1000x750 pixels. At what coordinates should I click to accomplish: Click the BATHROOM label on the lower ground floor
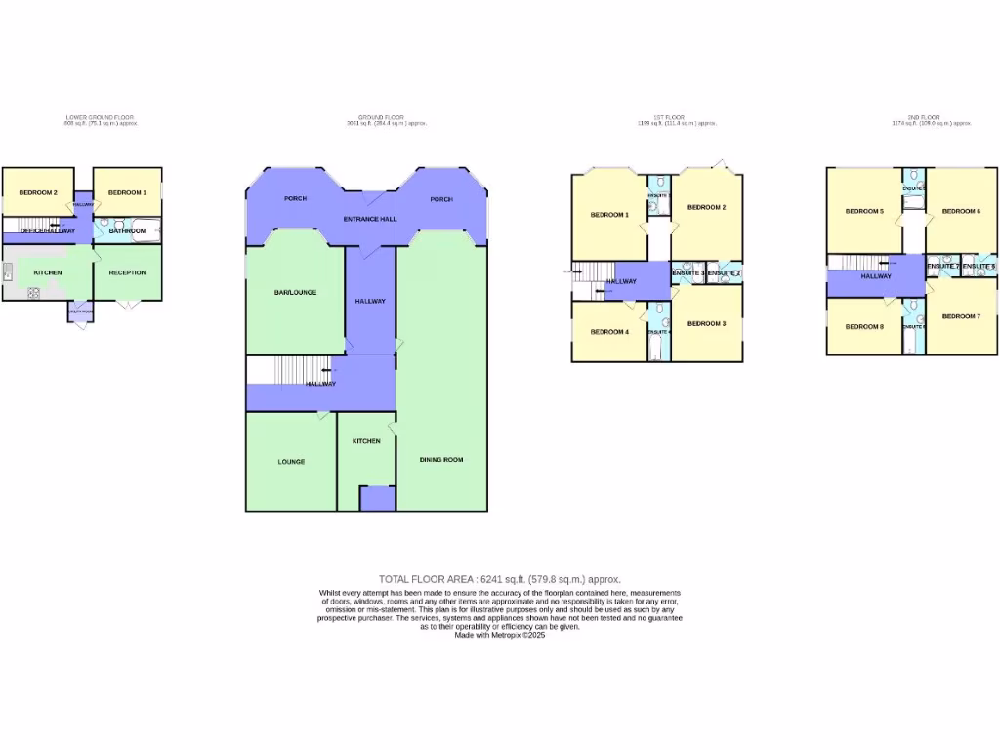point(127,231)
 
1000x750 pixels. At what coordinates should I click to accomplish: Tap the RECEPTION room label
point(127,272)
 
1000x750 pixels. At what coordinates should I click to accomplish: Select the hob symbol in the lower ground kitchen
point(33,292)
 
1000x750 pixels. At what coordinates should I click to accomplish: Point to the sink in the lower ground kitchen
point(8,272)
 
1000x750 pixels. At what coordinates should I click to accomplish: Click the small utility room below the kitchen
point(81,312)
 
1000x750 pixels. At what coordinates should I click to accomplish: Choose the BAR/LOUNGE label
point(295,292)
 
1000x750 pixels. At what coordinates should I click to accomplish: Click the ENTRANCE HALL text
point(369,219)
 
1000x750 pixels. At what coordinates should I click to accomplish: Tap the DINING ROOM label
point(441,459)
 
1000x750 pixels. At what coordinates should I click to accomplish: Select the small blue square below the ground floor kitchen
point(376,498)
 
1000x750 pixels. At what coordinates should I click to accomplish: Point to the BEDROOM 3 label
point(706,323)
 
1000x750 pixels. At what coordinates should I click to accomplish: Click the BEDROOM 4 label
point(609,331)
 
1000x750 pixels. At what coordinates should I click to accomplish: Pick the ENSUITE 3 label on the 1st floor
point(688,272)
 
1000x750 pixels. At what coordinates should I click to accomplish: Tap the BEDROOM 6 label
point(961,211)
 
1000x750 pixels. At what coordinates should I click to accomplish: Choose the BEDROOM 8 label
point(864,326)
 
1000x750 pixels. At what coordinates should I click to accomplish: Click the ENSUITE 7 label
point(942,266)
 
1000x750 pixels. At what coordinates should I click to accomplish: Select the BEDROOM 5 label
point(864,211)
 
